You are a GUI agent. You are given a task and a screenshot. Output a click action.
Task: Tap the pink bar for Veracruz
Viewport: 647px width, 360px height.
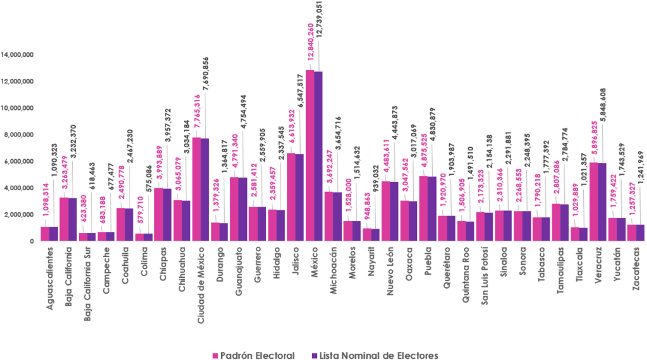coord(594,201)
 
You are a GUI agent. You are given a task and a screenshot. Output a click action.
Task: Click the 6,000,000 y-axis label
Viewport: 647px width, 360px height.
coord(19,161)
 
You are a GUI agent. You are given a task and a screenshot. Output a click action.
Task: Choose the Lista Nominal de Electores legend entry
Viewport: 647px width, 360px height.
coord(373,356)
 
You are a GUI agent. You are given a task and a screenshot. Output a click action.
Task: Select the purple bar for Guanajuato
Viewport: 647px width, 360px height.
coord(243,201)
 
